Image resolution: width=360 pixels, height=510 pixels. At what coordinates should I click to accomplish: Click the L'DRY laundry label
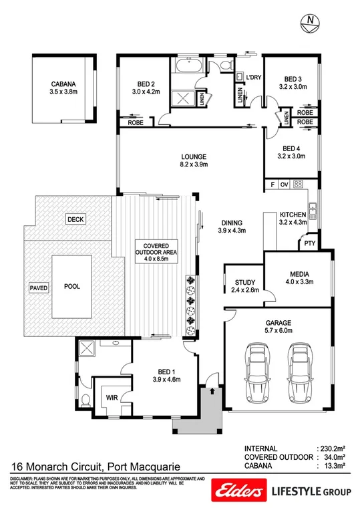pyautogui.click(x=252, y=78)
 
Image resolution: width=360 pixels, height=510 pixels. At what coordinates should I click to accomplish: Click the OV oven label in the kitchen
pyautogui.click(x=284, y=184)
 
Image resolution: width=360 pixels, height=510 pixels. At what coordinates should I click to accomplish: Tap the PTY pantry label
pyautogui.click(x=308, y=243)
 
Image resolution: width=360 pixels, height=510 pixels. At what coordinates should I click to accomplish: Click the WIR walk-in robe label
pyautogui.click(x=111, y=396)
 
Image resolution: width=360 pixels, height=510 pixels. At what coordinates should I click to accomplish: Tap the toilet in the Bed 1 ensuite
pyautogui.click(x=85, y=401)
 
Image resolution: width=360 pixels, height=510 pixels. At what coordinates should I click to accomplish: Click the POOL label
pyautogui.click(x=71, y=286)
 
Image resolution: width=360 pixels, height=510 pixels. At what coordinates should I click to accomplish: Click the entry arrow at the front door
pyautogui.click(x=212, y=386)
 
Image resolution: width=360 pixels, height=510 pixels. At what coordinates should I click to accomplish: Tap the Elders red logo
pyautogui.click(x=237, y=491)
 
